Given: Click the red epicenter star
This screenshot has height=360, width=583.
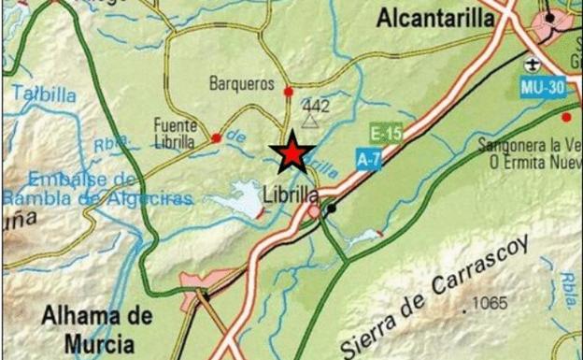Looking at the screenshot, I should tap(292, 152).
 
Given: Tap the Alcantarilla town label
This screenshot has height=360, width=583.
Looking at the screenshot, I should tap(436, 19).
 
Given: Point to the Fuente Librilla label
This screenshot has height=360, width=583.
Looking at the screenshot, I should tap(175, 133).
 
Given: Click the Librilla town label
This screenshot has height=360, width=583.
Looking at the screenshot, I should tap(291, 195).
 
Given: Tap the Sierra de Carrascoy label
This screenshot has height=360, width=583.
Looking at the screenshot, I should tap(436, 295).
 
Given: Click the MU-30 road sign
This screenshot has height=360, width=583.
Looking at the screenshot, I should tap(543, 87).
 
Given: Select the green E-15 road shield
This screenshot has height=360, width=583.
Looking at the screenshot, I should tap(386, 132).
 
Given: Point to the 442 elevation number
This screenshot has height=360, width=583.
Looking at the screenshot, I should tap(317, 106).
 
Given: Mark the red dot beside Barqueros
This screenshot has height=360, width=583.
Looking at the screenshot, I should tap(289, 92).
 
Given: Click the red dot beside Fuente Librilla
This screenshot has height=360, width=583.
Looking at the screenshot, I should tap(217, 138).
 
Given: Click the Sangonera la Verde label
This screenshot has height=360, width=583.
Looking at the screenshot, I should tap(530, 146).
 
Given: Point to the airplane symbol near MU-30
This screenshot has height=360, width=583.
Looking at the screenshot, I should tap(533, 65).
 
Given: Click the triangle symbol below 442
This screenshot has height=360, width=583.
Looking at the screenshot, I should tap(311, 120).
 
